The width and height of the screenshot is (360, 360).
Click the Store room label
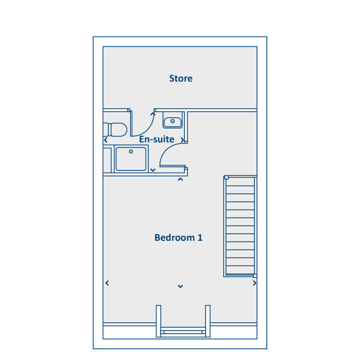(x=181, y=78)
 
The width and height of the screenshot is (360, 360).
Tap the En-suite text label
(x=156, y=139)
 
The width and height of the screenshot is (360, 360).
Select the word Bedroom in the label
(x=175, y=238)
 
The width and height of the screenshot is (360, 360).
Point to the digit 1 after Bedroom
(x=200, y=238)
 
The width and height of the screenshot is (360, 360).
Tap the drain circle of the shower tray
(x=131, y=152)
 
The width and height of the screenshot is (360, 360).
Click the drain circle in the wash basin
(x=173, y=121)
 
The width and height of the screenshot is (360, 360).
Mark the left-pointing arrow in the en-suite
(x=106, y=140)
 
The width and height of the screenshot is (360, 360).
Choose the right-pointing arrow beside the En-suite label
(x=182, y=140)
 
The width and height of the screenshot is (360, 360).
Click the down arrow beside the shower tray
(x=153, y=170)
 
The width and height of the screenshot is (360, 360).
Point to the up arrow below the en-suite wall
(x=180, y=179)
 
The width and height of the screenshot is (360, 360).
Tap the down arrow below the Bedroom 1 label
(x=180, y=286)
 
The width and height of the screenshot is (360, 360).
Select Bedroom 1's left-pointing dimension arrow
(x=107, y=283)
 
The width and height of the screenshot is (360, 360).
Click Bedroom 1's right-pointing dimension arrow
(x=255, y=283)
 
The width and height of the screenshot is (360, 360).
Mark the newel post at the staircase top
(x=226, y=177)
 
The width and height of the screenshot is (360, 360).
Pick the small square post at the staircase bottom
(x=255, y=276)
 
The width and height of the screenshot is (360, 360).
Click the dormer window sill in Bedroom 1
(x=183, y=332)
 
